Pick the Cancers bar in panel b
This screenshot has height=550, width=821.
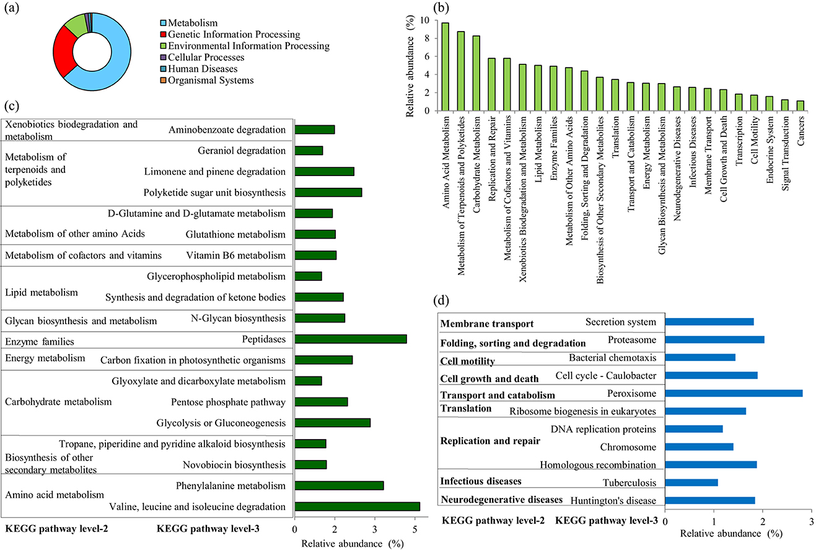[799, 105]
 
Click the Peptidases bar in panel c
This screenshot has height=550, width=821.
[351, 339]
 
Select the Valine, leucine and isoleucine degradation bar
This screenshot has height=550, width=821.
[357, 506]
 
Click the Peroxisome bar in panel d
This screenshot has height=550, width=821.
[734, 393]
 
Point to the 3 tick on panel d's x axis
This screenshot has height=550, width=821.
[811, 521]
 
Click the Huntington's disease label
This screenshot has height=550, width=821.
[613, 500]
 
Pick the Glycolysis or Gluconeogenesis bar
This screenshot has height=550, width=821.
[333, 422]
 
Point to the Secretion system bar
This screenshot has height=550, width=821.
[709, 322]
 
